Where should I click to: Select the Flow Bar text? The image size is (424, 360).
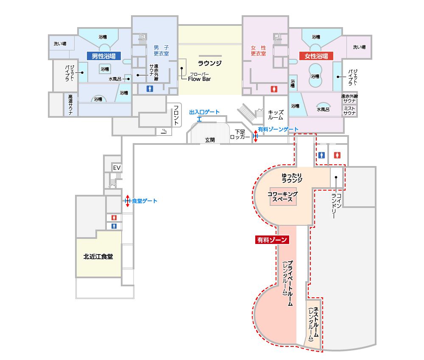point(199,78)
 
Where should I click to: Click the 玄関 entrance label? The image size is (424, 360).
point(210,139)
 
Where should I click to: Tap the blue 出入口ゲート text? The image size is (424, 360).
point(204,112)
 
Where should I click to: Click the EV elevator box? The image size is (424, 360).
point(117,168)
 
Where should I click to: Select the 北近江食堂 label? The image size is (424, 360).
point(98,256)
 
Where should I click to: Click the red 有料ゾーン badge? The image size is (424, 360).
point(272,240)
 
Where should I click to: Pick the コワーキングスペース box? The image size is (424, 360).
point(282,197)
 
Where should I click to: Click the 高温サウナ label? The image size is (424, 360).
point(70,104)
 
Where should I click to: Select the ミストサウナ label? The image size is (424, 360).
point(349,111)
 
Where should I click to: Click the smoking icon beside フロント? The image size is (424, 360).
point(164,131)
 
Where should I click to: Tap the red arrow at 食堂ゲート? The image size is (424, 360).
point(127,201)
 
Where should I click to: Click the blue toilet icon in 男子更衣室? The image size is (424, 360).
point(149,89)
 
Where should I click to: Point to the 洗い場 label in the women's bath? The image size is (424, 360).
point(359,47)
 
